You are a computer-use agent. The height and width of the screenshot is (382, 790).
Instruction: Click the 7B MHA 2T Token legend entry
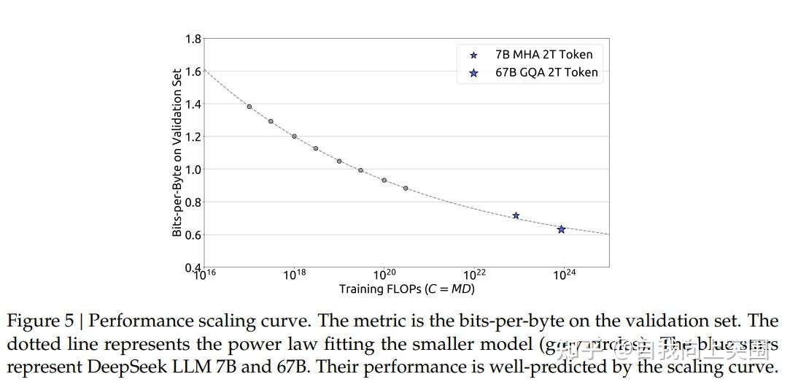click(x=543, y=54)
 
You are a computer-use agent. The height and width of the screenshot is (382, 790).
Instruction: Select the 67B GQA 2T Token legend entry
click(x=546, y=72)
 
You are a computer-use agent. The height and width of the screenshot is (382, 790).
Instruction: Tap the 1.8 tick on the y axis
click(x=193, y=39)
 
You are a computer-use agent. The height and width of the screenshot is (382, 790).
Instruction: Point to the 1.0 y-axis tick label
click(x=193, y=169)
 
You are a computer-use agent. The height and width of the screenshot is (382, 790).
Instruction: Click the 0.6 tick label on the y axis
click(x=193, y=235)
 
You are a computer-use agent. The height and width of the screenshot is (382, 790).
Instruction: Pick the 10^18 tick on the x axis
click(x=294, y=275)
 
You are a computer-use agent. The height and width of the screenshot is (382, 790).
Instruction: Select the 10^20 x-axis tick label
click(x=384, y=275)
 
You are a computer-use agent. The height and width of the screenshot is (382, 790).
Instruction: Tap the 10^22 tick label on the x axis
click(x=474, y=275)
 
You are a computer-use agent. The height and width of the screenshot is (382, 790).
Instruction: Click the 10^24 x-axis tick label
click(x=564, y=275)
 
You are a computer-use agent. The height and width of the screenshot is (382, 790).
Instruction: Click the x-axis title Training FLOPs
click(x=406, y=289)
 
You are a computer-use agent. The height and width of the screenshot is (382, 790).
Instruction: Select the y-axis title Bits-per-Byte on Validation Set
click(x=177, y=153)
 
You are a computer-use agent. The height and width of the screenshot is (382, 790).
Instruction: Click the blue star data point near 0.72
click(x=516, y=215)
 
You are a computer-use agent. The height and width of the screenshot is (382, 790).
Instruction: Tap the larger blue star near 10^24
click(x=561, y=229)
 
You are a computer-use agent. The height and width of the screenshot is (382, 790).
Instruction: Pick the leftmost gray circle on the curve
click(x=249, y=107)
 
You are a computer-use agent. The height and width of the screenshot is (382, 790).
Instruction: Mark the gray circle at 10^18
click(x=294, y=137)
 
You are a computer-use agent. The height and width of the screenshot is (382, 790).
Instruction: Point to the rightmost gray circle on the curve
click(x=406, y=188)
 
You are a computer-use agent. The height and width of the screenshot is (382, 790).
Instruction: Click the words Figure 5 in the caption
click(x=39, y=321)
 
